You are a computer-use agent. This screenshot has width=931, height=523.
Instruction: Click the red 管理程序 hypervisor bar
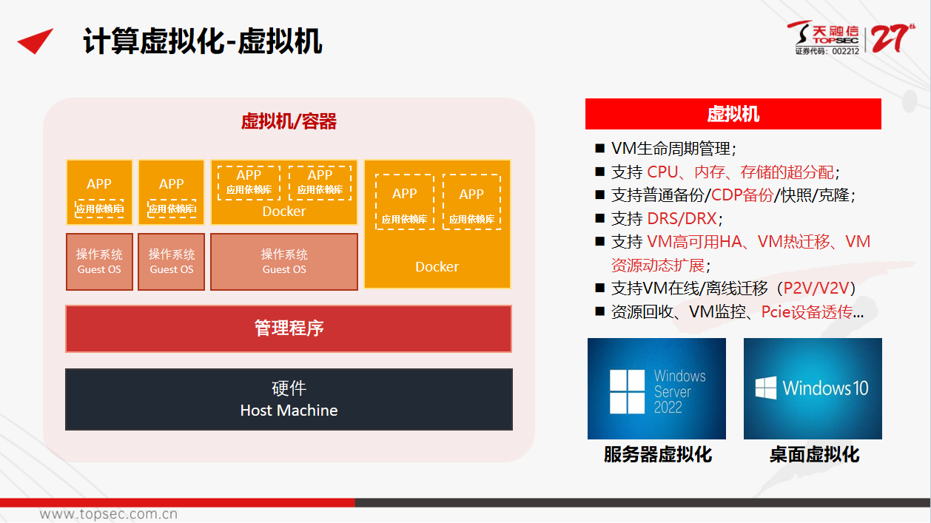click(x=289, y=328)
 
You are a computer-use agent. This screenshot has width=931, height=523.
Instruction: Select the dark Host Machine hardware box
click(x=289, y=399)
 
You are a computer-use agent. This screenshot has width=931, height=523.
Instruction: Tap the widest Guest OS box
click(x=284, y=262)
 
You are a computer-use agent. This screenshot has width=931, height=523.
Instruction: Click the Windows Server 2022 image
click(x=656, y=388)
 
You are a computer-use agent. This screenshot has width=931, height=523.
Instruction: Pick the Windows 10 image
click(x=813, y=388)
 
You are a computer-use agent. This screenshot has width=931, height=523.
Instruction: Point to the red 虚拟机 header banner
click(x=733, y=114)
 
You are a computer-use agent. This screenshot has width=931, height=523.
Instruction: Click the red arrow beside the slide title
click(x=36, y=41)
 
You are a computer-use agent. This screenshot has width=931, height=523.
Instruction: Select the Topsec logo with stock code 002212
click(x=824, y=38)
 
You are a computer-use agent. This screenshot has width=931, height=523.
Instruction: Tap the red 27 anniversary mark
click(x=893, y=38)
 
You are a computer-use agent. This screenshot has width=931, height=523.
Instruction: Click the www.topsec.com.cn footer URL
click(x=109, y=514)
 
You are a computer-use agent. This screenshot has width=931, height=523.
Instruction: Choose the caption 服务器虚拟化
click(x=657, y=454)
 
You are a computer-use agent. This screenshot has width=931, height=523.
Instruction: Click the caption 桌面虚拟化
click(x=814, y=454)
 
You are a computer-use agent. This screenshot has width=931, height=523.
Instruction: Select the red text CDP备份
click(x=742, y=195)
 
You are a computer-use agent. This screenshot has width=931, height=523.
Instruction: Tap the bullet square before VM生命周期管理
click(x=599, y=148)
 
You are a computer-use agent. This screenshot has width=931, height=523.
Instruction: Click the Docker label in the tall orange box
click(x=437, y=267)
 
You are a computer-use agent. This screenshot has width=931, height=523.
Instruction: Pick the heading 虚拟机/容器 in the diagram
click(x=289, y=121)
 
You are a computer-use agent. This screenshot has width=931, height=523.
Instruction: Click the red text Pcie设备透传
click(x=807, y=311)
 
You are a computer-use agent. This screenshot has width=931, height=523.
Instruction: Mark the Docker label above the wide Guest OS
click(x=284, y=212)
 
